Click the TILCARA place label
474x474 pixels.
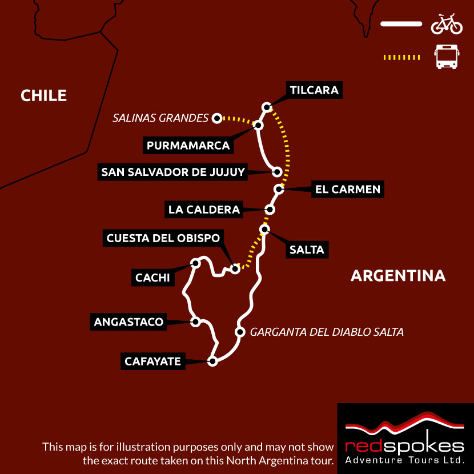[x=314, y=90]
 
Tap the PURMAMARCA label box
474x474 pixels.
[x=188, y=146]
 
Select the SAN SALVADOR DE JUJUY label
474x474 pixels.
[x=172, y=171]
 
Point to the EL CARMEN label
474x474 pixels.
[x=347, y=189]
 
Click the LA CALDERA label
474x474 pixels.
[x=204, y=210]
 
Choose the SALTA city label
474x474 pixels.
[x=307, y=250]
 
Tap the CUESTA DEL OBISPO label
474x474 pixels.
[x=163, y=238]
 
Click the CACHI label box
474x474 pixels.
[x=152, y=278]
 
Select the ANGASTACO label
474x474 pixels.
[x=128, y=322]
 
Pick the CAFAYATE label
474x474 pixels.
[x=153, y=361]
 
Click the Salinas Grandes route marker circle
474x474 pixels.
[x=216, y=118]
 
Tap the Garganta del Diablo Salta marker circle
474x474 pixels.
[x=239, y=332]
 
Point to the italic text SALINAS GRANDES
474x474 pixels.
[x=160, y=118]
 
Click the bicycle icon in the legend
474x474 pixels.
[x=447, y=24]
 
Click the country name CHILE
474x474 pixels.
[x=44, y=95]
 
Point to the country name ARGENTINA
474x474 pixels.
[x=398, y=276]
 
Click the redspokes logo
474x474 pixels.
[x=405, y=439]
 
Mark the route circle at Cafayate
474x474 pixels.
[x=212, y=361]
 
